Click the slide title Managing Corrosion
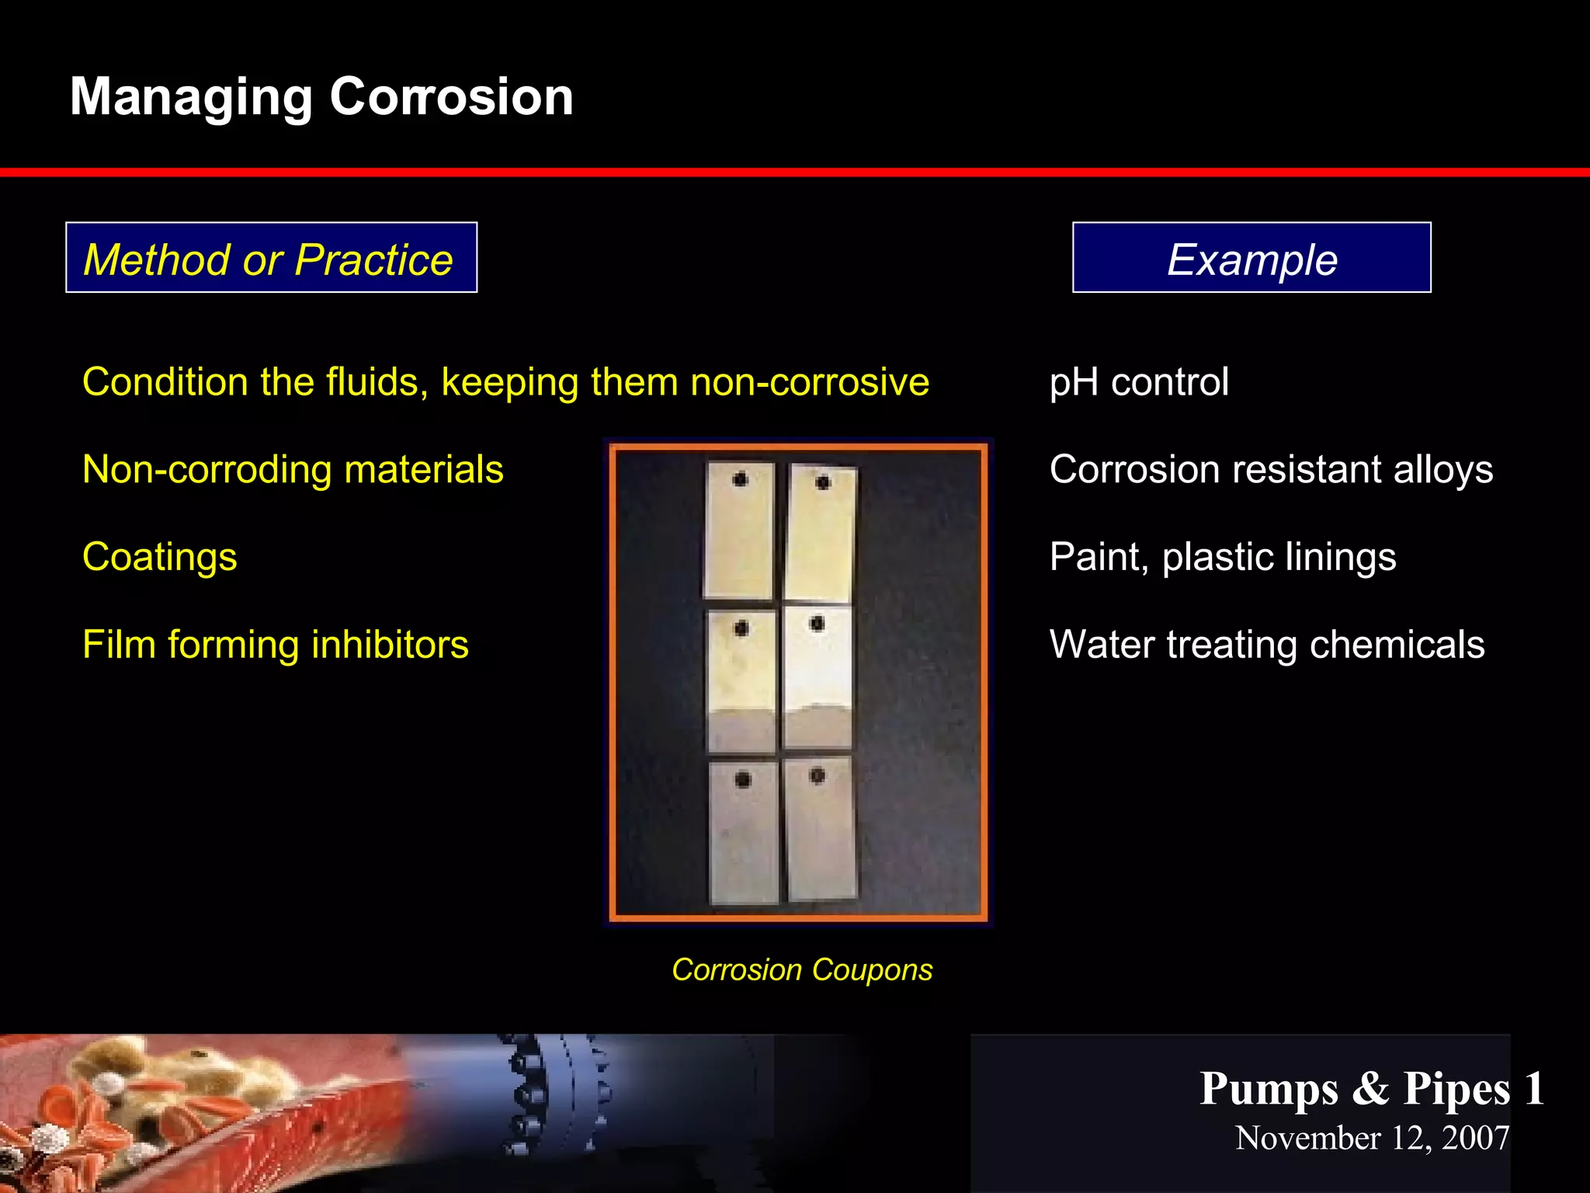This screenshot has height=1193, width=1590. [321, 97]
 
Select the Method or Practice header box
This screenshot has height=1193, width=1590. [271, 258]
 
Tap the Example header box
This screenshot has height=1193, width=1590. [1251, 258]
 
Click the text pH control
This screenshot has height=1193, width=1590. [1138, 382]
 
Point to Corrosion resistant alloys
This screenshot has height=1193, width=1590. [1270, 470]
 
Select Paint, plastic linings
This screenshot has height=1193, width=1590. [1222, 558]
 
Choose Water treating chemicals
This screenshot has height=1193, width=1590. [1266, 645]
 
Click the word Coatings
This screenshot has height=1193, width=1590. [159, 558]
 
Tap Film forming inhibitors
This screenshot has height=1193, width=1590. [275, 645]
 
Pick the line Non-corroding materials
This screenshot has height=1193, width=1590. [293, 470]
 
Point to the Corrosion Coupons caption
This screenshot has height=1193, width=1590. [801, 970]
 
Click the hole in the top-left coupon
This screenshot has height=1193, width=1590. [740, 479]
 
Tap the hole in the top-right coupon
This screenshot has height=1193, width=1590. [823, 483]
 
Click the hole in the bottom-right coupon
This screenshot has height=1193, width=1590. [817, 775]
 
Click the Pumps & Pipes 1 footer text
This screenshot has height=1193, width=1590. [1371, 1088]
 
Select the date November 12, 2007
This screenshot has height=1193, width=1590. [1371, 1138]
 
